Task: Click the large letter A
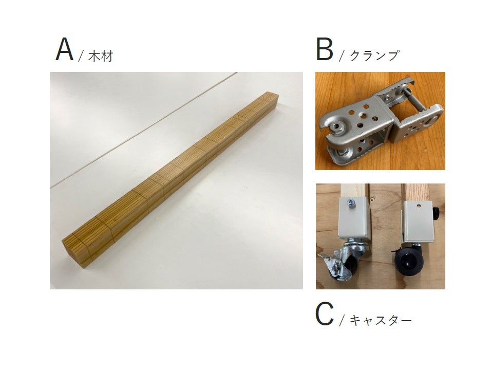(x=65, y=50)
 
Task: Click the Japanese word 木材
(x=101, y=57)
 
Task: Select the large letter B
(x=325, y=50)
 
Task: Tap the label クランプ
(x=374, y=56)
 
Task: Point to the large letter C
(x=325, y=315)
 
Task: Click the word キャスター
(x=381, y=320)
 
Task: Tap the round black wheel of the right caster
(x=408, y=261)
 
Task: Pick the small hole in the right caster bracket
(x=419, y=206)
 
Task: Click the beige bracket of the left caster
(x=354, y=218)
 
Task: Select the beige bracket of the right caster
(x=419, y=221)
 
